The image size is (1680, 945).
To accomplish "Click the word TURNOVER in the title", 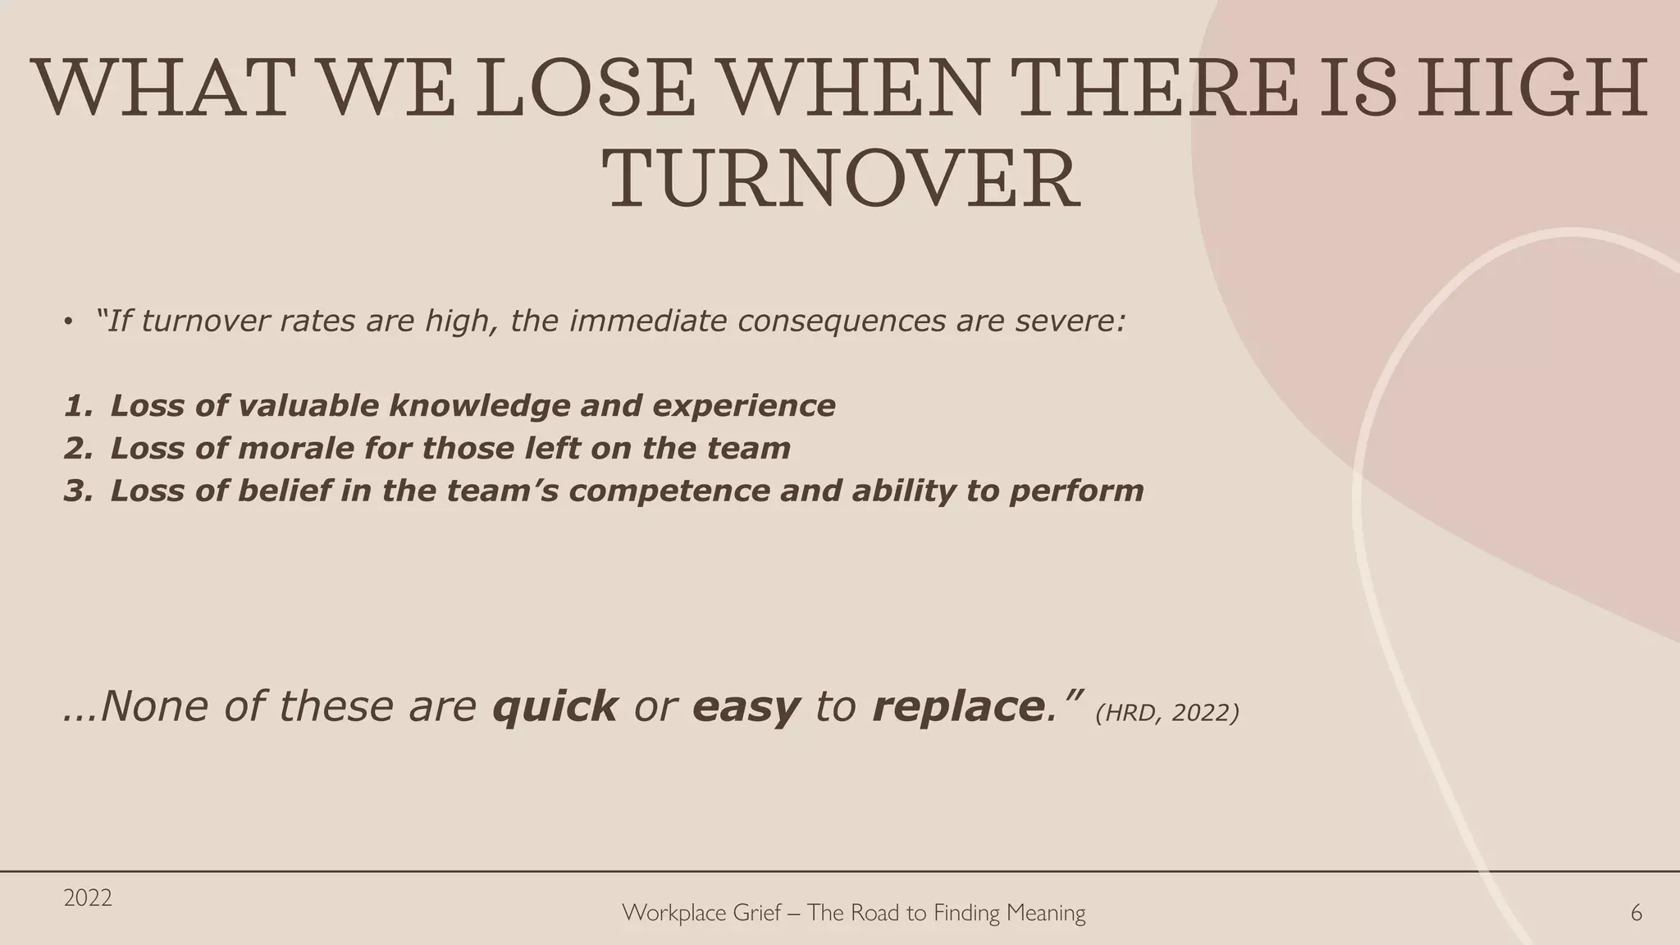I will click(841, 180).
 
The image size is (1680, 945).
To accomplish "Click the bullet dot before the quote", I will click(69, 321).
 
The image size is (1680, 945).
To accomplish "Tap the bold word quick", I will click(555, 706).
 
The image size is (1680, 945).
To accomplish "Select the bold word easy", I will click(746, 706).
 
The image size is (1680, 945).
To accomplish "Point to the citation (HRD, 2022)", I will click(1166, 713).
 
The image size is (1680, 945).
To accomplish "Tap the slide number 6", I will click(1636, 913).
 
